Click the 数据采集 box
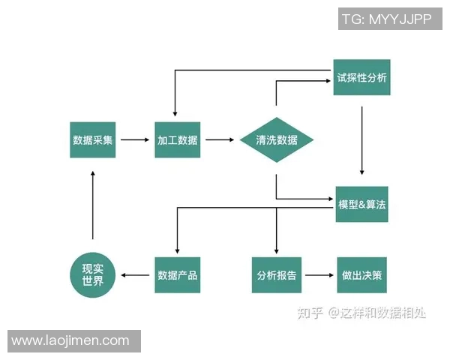pyautogui.click(x=93, y=139)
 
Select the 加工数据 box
pyautogui.click(x=178, y=139)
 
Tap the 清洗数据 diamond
pyautogui.click(x=277, y=140)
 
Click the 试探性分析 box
pyautogui.click(x=362, y=77)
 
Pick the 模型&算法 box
pyautogui.click(x=362, y=205)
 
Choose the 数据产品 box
pyautogui.click(x=178, y=275)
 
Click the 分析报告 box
pyautogui.click(x=277, y=275)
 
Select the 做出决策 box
pyautogui.click(x=362, y=275)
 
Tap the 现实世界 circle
pyautogui.click(x=93, y=275)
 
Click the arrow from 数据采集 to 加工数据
pyautogui.click(x=135, y=139)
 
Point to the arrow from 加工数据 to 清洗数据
pyautogui.click(x=220, y=139)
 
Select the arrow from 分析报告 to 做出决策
pyautogui.click(x=319, y=275)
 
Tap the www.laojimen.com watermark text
pyautogui.click(x=70, y=340)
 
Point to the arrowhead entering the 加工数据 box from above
pyautogui.click(x=175, y=113)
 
